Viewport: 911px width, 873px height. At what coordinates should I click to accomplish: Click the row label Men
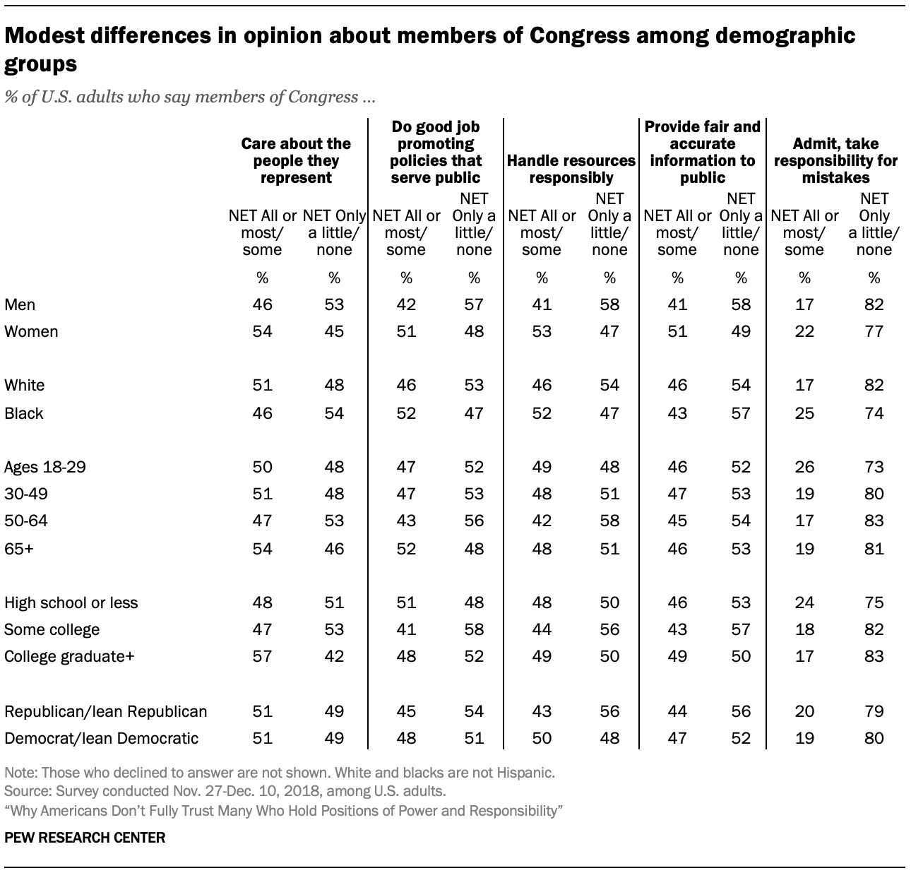pyautogui.click(x=20, y=304)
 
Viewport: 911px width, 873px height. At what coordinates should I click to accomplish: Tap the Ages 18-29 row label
pyautogui.click(x=45, y=467)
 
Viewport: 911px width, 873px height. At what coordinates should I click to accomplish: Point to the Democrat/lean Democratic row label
pyautogui.click(x=101, y=738)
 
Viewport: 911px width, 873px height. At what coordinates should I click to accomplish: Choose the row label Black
pyautogui.click(x=23, y=413)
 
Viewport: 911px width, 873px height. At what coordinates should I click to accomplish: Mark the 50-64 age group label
pyautogui.click(x=26, y=521)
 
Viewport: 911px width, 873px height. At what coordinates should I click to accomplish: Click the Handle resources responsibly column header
pyautogui.click(x=571, y=169)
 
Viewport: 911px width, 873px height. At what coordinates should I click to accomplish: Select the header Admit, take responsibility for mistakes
pyautogui.click(x=835, y=160)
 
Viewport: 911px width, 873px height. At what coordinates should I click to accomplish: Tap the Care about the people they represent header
pyautogui.click(x=296, y=160)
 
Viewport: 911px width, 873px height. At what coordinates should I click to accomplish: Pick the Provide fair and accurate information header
pyautogui.click(x=703, y=152)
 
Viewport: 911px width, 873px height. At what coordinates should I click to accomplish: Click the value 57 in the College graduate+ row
pyautogui.click(x=262, y=656)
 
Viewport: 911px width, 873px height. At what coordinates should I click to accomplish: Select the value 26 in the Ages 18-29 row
pyautogui.click(x=804, y=467)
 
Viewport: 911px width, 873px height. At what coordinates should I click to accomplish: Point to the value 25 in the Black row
pyautogui.click(x=804, y=413)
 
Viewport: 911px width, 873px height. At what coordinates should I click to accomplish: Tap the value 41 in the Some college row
pyautogui.click(x=406, y=629)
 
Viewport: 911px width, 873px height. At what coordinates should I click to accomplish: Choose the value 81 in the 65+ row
pyautogui.click(x=874, y=547)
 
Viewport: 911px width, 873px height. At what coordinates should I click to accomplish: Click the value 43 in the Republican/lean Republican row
pyautogui.click(x=542, y=711)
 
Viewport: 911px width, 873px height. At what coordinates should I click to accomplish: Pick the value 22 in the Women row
pyautogui.click(x=804, y=331)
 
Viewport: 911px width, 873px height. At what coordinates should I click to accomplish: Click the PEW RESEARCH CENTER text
pyautogui.click(x=85, y=838)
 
